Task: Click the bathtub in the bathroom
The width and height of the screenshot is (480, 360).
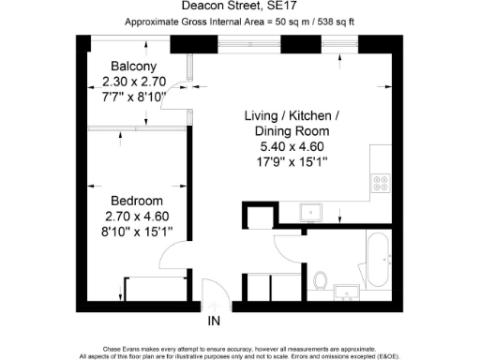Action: coord(376,263)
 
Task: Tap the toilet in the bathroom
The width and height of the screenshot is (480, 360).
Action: coord(322,279)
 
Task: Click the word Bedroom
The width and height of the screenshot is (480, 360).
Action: coord(137,202)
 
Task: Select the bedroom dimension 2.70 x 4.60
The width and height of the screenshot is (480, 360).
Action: coord(138,217)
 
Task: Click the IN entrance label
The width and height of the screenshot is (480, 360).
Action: coord(214,323)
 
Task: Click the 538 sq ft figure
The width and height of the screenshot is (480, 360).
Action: coord(336,22)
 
